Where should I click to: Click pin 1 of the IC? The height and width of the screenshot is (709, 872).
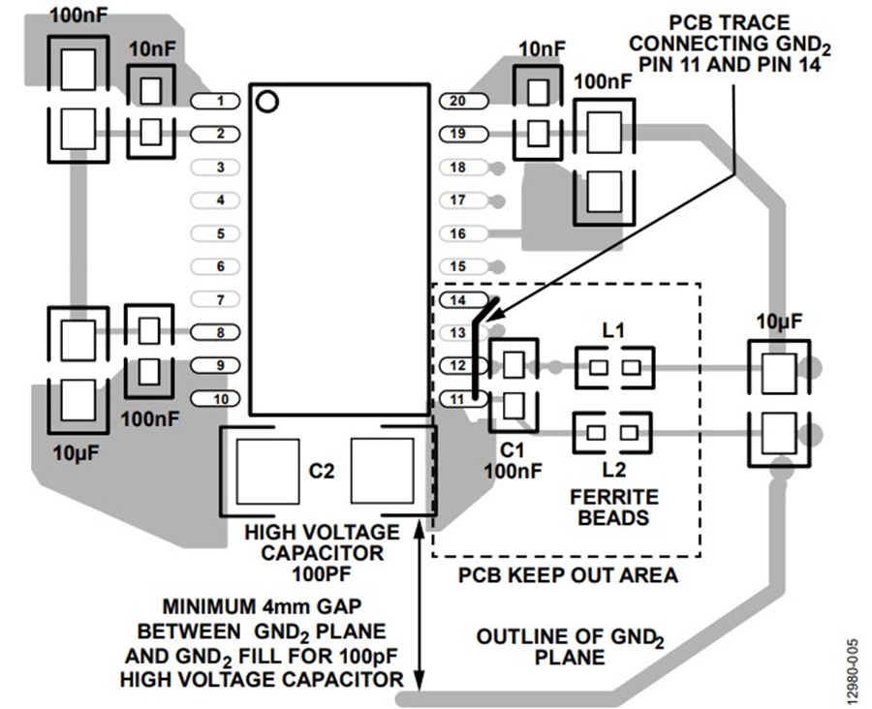[215, 101]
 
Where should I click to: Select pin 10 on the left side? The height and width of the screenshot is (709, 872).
[215, 399]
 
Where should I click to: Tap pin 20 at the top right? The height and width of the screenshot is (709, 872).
[464, 101]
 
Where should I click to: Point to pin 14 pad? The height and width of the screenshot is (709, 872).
[464, 300]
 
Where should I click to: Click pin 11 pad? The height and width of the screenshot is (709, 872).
[464, 399]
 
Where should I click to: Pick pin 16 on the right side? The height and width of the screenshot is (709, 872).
[464, 233]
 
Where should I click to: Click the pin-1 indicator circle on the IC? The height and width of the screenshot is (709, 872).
[267, 101]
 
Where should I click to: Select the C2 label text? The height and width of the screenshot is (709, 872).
[322, 471]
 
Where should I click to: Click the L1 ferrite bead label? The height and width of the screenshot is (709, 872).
[613, 331]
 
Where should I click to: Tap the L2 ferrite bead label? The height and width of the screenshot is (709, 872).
[613, 470]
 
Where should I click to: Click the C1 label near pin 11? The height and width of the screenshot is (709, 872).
[512, 449]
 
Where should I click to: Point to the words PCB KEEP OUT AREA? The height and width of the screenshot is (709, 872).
[568, 575]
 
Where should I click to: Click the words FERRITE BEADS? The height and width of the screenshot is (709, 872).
[614, 508]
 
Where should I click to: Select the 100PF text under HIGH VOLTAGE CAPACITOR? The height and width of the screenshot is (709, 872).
[322, 573]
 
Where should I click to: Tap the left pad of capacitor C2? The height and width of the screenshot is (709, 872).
[267, 471]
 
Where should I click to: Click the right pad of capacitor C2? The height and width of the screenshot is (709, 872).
[382, 471]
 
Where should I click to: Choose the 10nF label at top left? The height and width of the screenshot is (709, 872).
[152, 49]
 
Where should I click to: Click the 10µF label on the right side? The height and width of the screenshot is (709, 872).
[779, 322]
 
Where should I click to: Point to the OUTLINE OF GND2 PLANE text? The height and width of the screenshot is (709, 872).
[570, 647]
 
